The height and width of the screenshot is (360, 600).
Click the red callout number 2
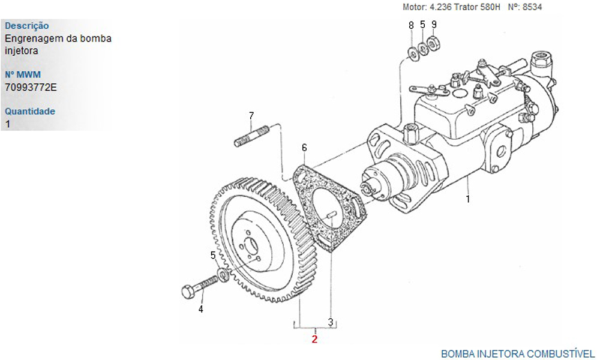[314, 339]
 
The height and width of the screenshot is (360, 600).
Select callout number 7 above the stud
[251, 115]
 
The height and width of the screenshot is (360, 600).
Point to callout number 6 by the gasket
[304, 148]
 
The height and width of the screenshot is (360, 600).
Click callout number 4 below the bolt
[201, 310]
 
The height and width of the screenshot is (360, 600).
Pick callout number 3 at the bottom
[330, 322]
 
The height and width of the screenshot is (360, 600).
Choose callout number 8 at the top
[411, 25]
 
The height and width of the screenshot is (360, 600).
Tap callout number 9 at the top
[434, 25]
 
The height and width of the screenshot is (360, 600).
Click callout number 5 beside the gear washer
[213, 256]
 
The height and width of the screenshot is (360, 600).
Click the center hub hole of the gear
[251, 246]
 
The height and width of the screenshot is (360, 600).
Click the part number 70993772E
[31, 87]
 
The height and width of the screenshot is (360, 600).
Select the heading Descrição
[27, 26]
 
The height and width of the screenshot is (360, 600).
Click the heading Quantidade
[30, 111]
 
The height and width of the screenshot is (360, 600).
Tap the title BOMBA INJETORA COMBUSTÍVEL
[518, 353]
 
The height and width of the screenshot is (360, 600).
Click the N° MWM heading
[23, 75]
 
